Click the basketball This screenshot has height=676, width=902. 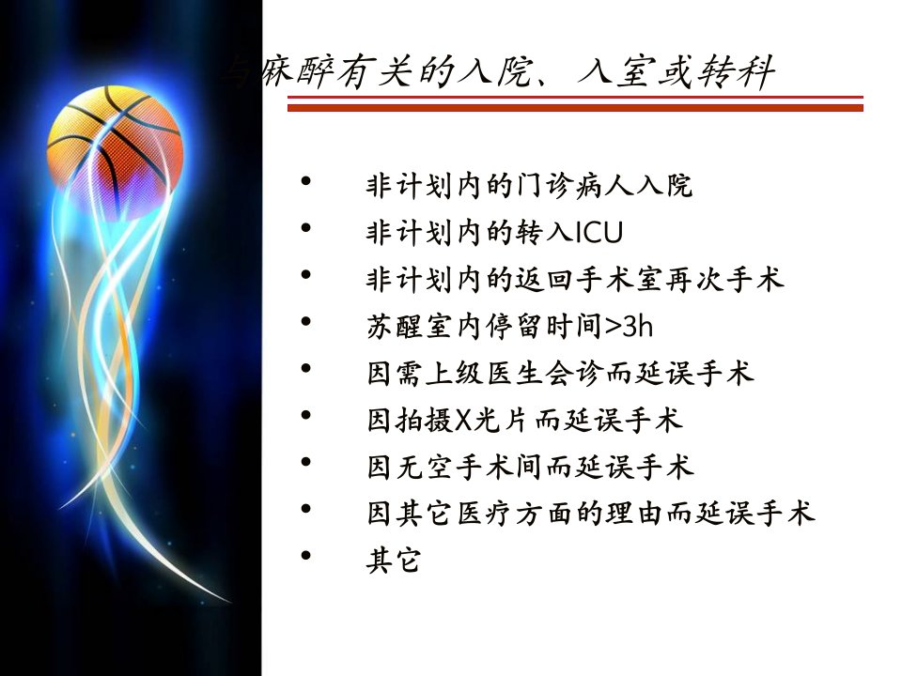coord(115,150)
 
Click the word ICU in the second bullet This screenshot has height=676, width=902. coord(599,232)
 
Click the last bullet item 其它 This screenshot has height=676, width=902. coord(394,560)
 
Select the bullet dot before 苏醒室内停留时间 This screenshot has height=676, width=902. coord(305,321)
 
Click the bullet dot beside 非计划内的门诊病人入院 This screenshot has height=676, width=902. coord(305,181)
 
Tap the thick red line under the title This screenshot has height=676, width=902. coord(575,107)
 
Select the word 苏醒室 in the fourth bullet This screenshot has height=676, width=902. coord(411,326)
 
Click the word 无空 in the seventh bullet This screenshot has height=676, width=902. coord(426,467)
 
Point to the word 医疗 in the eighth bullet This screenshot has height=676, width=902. coord(485,514)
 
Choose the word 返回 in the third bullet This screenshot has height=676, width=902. coord(545,280)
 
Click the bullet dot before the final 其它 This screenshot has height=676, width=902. coord(305,555)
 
